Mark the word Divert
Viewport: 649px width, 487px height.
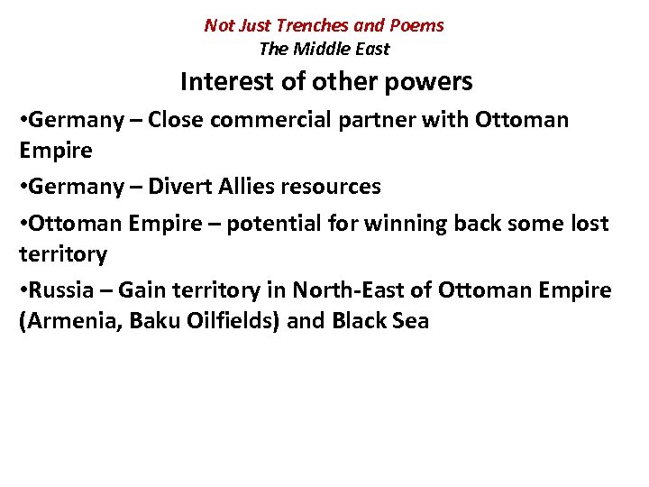click(179, 187)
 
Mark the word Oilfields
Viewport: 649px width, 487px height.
click(227, 321)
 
